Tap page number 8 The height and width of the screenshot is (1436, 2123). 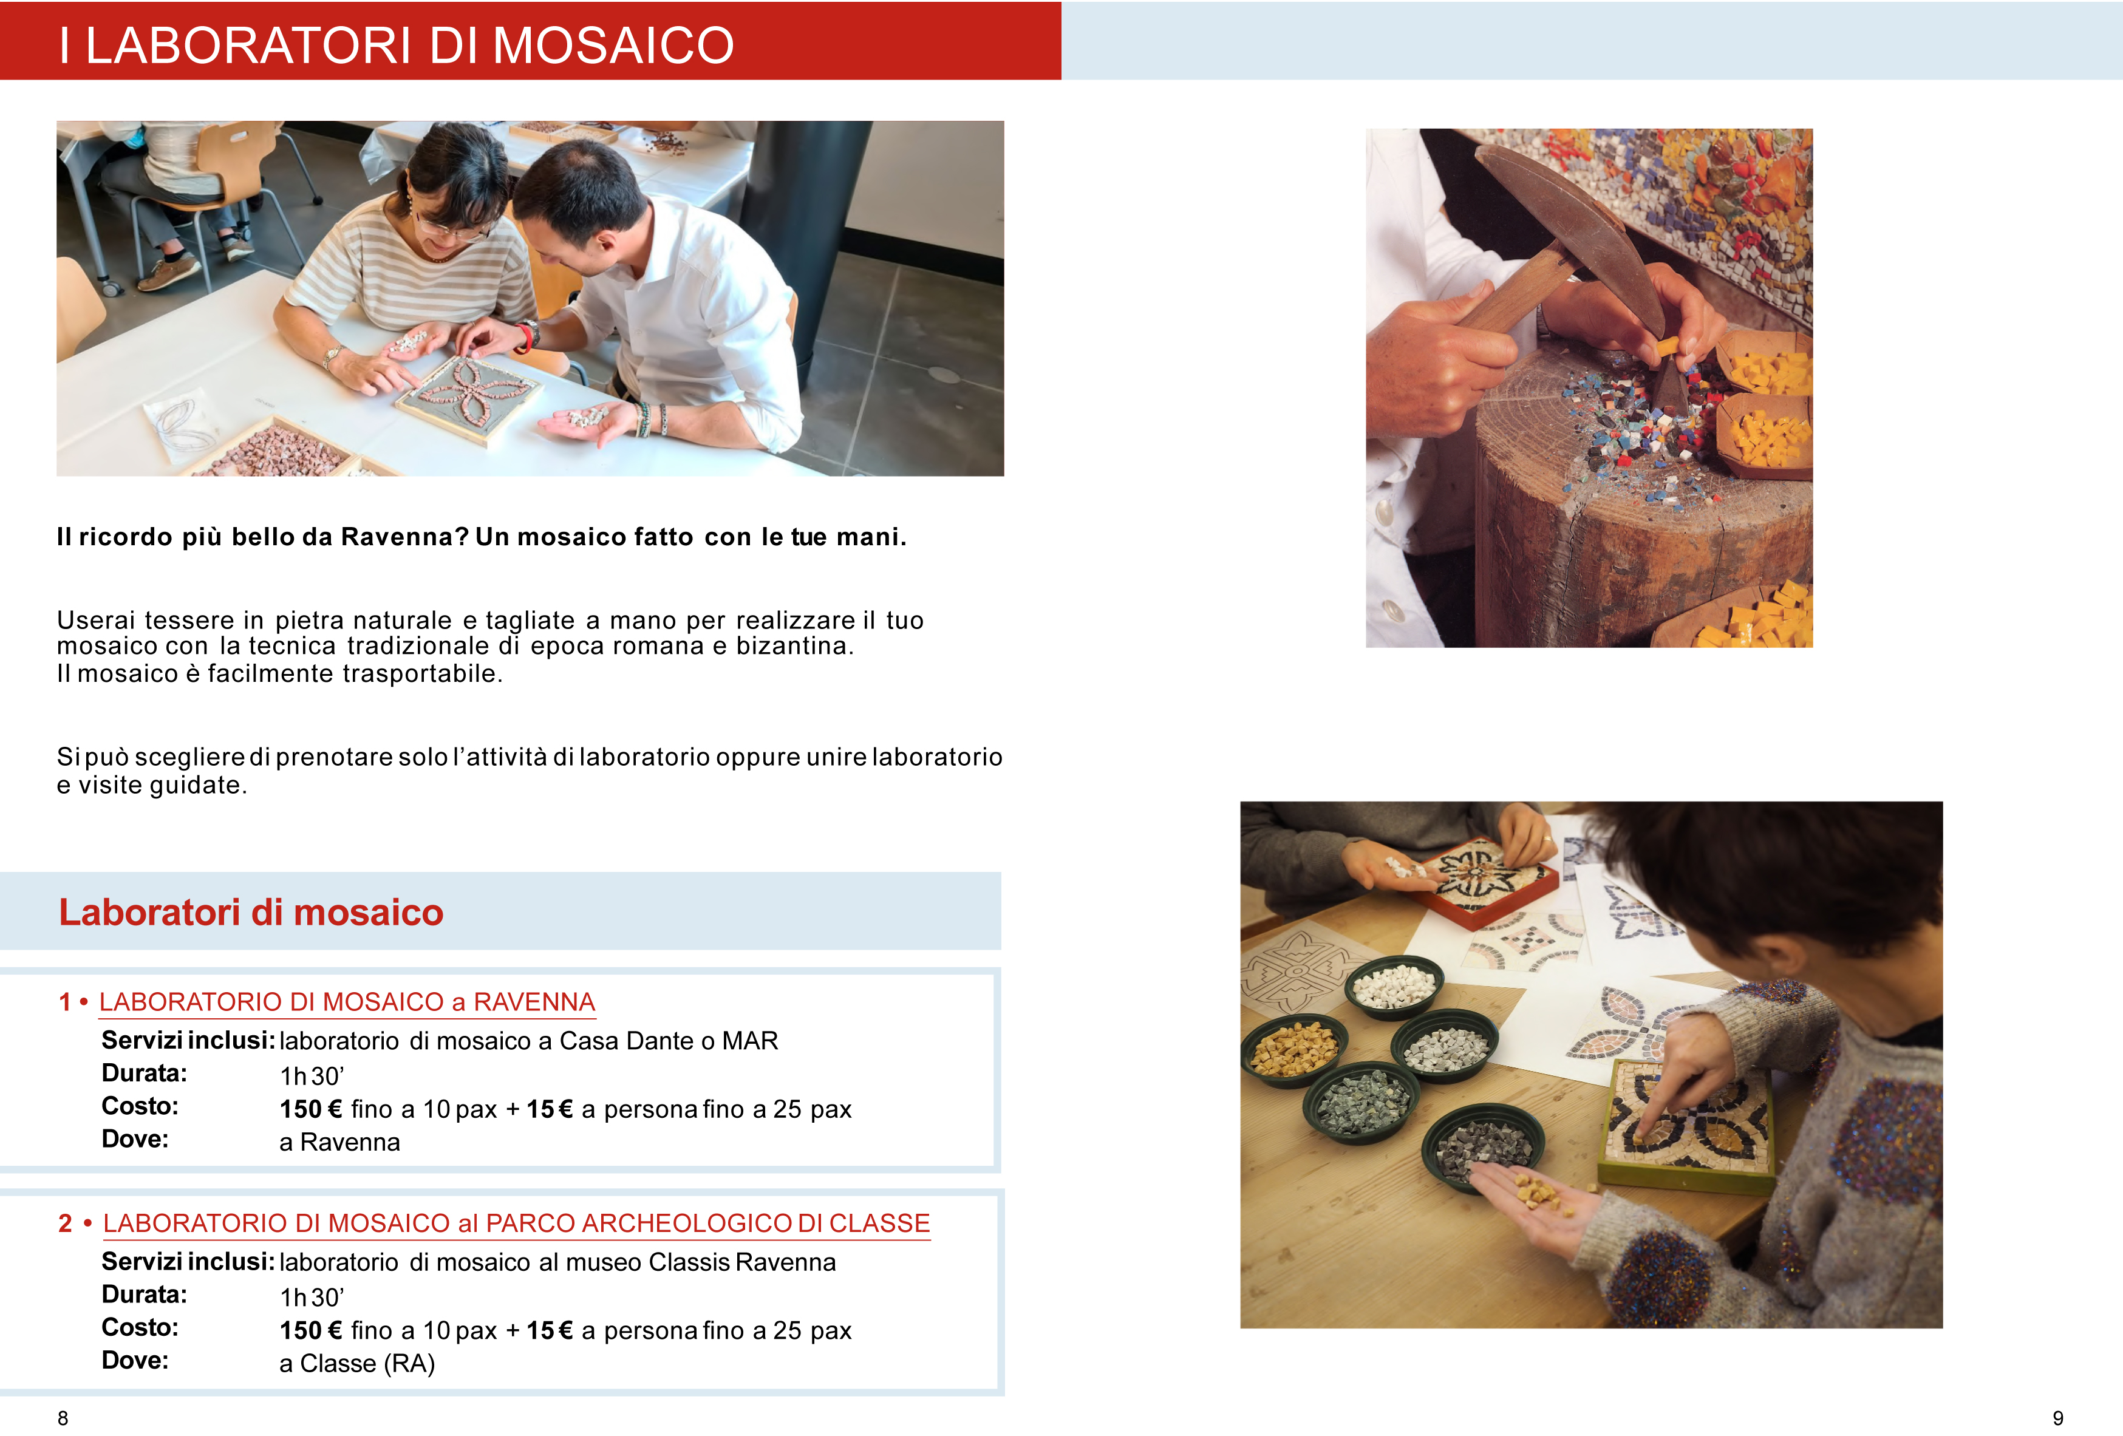(x=63, y=1418)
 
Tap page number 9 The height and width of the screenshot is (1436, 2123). (x=2058, y=1418)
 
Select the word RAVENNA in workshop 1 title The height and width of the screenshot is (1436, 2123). (x=534, y=1002)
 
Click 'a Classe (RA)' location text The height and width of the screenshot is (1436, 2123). (x=357, y=1364)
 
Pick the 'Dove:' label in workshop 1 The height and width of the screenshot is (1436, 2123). (x=135, y=1139)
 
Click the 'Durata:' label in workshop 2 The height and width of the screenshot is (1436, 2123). (x=145, y=1295)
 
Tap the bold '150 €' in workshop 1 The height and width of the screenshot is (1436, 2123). (x=310, y=1109)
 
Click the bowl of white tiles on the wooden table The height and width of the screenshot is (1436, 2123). (x=1394, y=987)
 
